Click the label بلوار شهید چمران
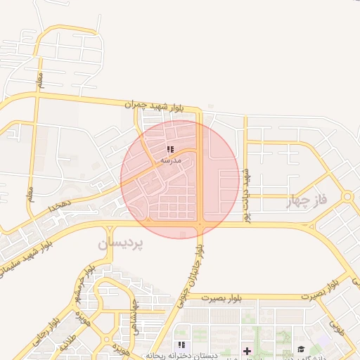(x=154, y=105)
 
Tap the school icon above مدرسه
(x=169, y=150)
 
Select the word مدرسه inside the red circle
(x=171, y=160)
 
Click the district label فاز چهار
(x=307, y=202)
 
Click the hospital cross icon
(x=247, y=351)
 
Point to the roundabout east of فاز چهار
(x=347, y=198)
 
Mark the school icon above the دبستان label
(x=181, y=345)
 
